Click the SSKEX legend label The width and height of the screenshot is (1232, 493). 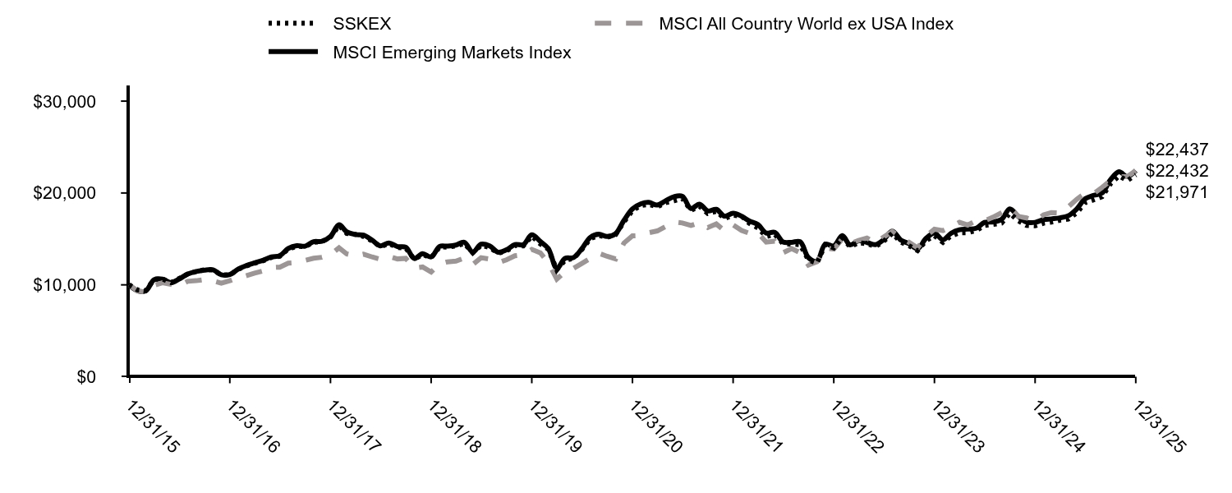point(362,24)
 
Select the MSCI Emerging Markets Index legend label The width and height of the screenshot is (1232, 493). point(452,53)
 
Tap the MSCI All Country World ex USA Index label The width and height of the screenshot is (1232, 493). point(806,24)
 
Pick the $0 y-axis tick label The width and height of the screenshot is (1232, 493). point(85,377)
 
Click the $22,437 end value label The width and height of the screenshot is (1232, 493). point(1177,150)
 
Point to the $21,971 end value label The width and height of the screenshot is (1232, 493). point(1177,192)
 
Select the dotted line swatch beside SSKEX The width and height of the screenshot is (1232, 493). point(292,25)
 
